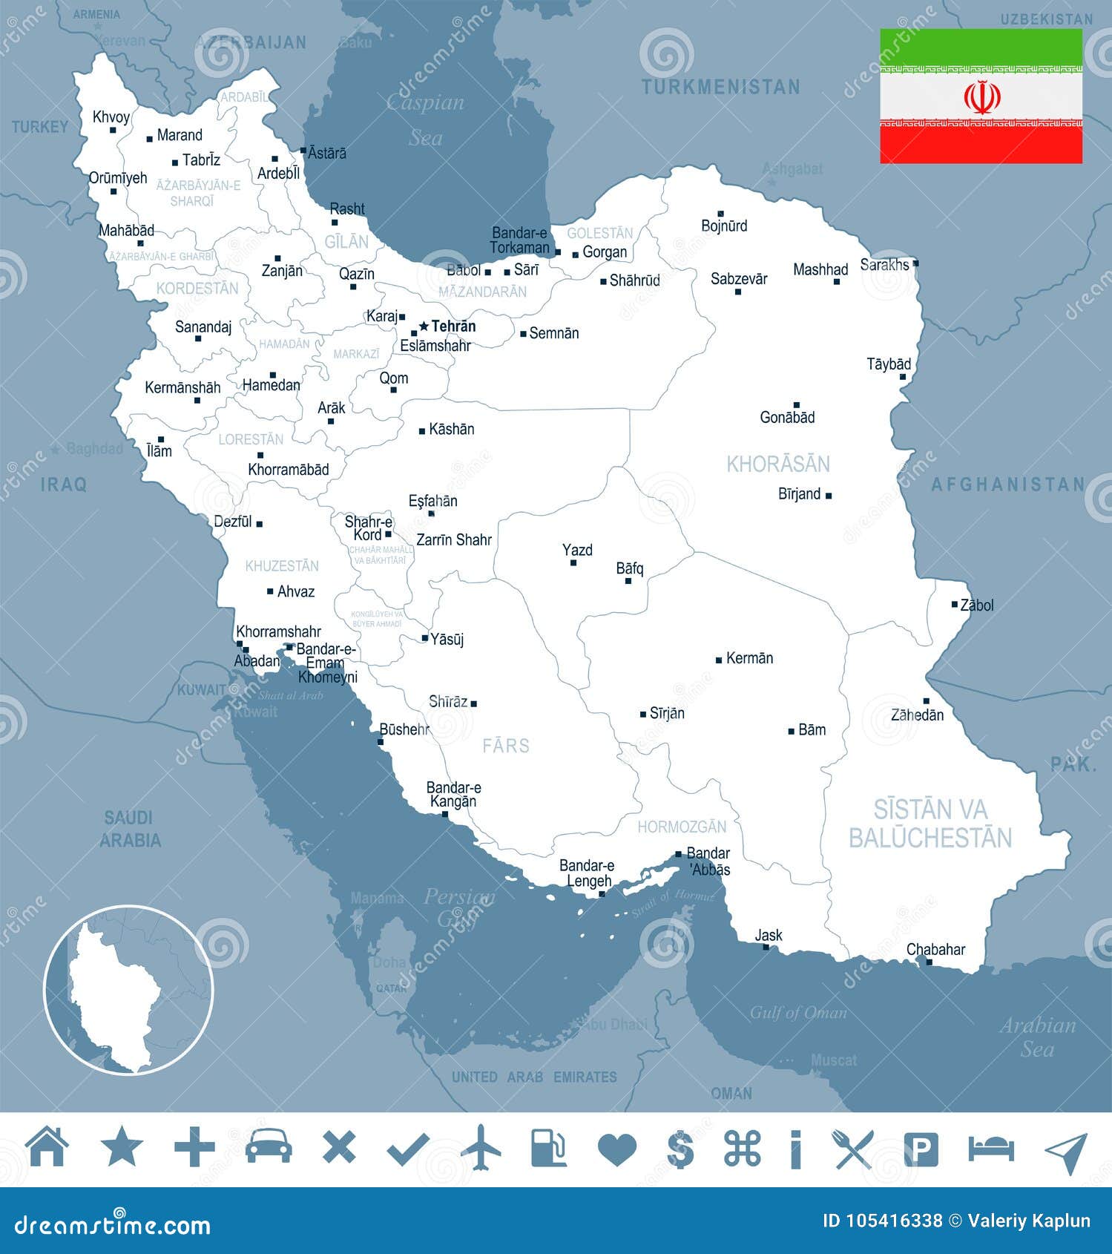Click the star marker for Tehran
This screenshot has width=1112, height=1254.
coord(424,326)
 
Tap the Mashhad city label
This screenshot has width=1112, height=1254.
coord(820,269)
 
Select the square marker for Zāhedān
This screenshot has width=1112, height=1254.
coord(926,700)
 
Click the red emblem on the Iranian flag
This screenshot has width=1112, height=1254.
coord(981,97)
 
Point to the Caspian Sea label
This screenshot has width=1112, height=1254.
coord(425,119)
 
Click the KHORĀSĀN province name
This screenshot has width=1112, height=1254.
coord(777,464)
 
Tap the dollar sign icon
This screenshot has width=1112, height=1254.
coord(680,1149)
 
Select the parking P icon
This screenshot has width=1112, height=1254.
coord(921,1149)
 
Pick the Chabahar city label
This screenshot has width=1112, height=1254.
coord(935,949)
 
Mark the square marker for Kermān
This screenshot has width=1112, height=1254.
coord(718,660)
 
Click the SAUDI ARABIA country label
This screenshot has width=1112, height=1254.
coord(131,829)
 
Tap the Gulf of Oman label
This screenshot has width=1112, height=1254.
coord(797,1013)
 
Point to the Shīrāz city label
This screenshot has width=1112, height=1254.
coord(448,701)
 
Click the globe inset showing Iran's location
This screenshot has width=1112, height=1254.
coord(128,989)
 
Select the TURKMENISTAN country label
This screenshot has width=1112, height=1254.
coord(720,88)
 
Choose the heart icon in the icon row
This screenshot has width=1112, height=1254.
coord(616,1149)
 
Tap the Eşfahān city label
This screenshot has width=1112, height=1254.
coord(432,501)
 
